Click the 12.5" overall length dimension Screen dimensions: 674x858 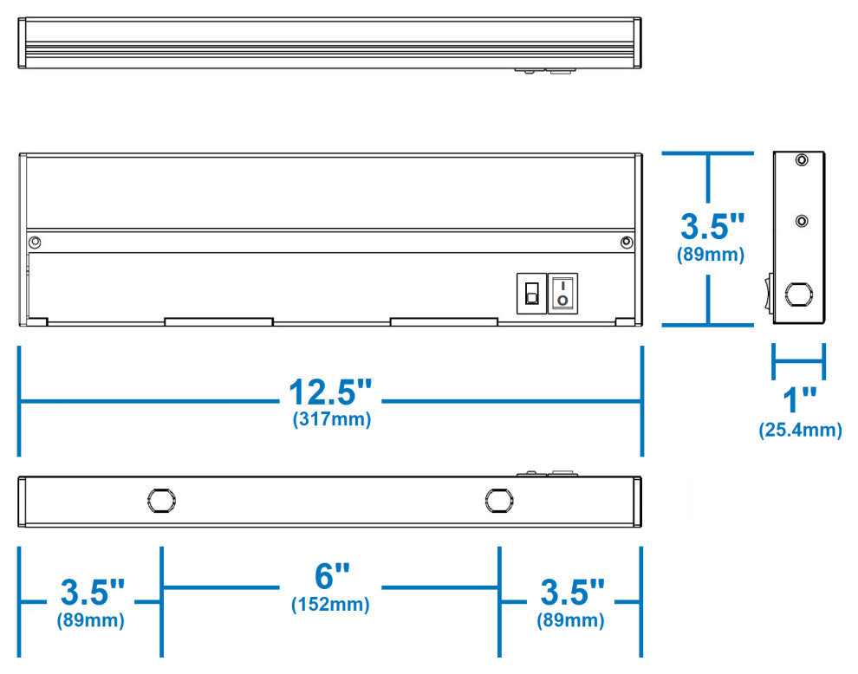pyautogui.click(x=331, y=392)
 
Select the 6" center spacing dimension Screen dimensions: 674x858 pyautogui.click(x=331, y=576)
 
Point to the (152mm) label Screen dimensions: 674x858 pyautogui.click(x=330, y=604)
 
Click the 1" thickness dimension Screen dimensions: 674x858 pyautogui.click(x=800, y=401)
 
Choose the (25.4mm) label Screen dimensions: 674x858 pyautogui.click(x=800, y=430)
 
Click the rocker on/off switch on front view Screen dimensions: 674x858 pyautogui.click(x=562, y=293)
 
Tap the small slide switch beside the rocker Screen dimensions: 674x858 pyautogui.click(x=531, y=294)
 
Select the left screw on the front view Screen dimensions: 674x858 pyautogui.click(x=35, y=242)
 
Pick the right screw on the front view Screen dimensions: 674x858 pyautogui.click(x=626, y=242)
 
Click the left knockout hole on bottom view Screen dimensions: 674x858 pyautogui.click(x=160, y=500)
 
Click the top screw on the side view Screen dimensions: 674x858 pyautogui.click(x=803, y=160)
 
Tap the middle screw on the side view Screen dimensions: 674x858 pyautogui.click(x=803, y=221)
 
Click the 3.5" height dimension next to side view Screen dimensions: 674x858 pyautogui.click(x=712, y=227)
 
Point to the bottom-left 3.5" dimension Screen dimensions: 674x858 pyautogui.click(x=92, y=593)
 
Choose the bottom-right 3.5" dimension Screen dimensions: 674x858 pyautogui.click(x=572, y=593)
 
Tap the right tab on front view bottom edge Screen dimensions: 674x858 pyautogui.click(x=444, y=321)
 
